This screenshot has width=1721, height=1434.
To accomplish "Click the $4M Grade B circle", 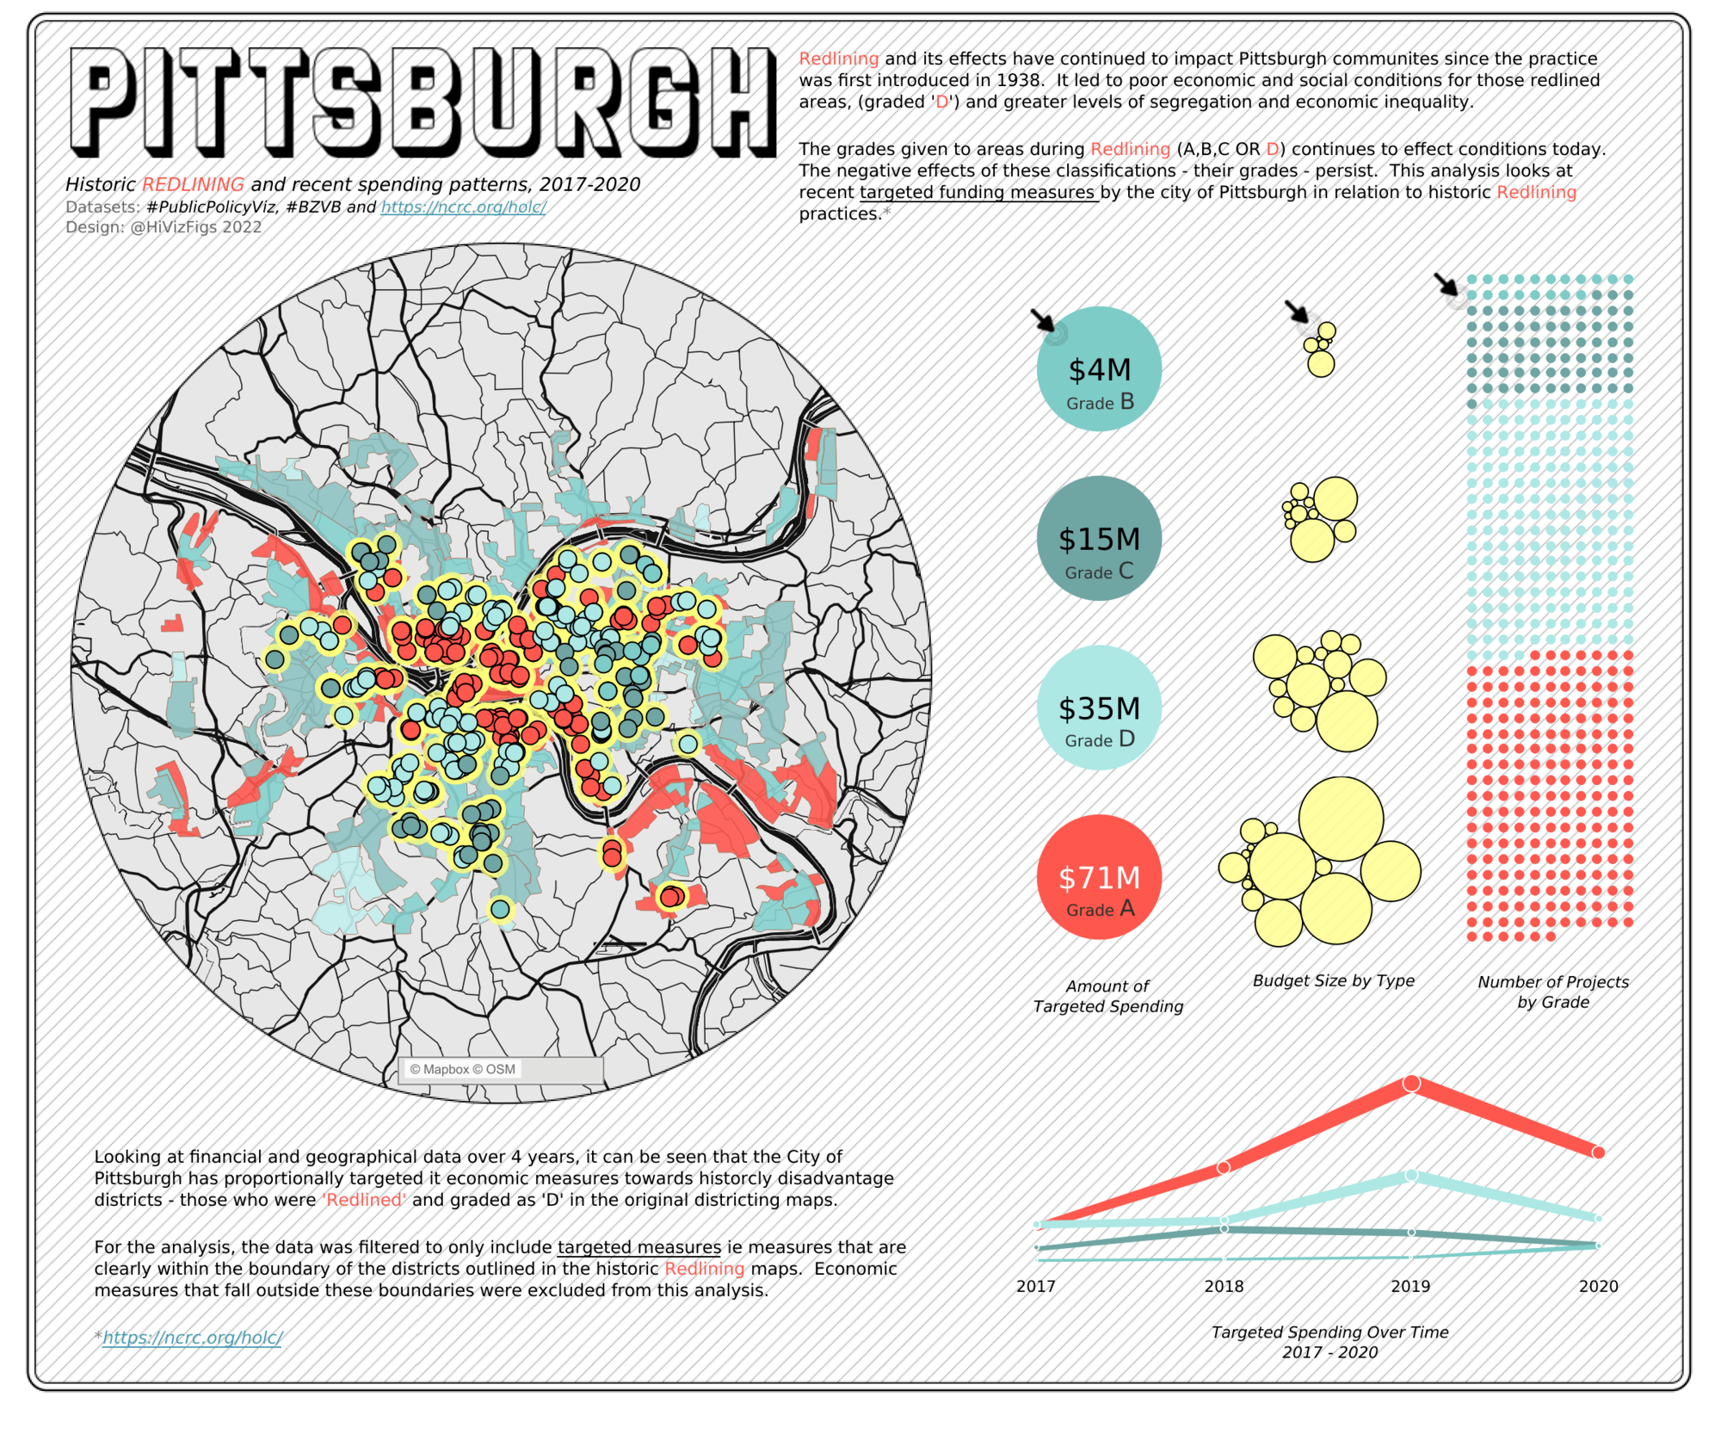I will (x=1099, y=368).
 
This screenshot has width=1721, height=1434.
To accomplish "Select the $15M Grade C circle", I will (x=1099, y=538).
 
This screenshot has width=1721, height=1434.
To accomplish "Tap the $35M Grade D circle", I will (x=1099, y=708).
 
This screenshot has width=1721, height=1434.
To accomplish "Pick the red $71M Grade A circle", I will (x=1099, y=877).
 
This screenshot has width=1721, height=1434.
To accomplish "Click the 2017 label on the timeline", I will (x=1035, y=1286).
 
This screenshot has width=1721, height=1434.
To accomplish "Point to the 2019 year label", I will (x=1410, y=1286).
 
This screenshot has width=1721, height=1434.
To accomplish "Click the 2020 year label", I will (x=1598, y=1286).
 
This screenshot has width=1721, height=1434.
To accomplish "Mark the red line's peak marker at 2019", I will (x=1411, y=1084).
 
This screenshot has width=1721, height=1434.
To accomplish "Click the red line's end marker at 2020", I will (x=1598, y=1153).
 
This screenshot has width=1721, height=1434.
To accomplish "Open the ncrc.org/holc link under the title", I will (x=463, y=207).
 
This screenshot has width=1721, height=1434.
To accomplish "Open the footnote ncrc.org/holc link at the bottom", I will (x=192, y=1338).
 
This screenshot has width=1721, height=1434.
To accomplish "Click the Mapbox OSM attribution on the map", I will (x=463, y=1069).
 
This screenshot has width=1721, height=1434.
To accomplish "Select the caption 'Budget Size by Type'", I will (x=1333, y=980).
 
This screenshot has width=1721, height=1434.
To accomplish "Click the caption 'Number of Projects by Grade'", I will (x=1552, y=992).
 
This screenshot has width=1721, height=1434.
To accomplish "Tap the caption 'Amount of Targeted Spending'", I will (x=1107, y=996).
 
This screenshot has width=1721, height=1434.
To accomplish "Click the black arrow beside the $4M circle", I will (x=1043, y=320).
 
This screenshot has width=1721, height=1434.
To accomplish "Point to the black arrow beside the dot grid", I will (x=1446, y=284).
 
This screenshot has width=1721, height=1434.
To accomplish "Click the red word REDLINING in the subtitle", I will (x=193, y=184).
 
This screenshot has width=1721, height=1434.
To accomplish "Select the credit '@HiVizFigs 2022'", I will (x=195, y=227).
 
